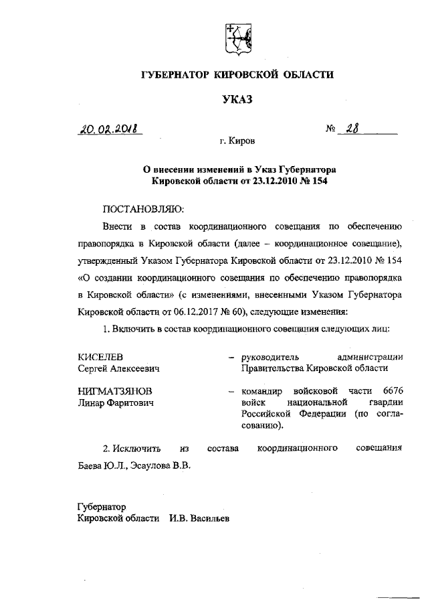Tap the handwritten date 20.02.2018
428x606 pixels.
tap(112, 129)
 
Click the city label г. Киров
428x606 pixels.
tap(237, 142)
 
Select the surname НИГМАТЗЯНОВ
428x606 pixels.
tap(115, 390)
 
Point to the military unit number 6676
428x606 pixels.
tap(393, 390)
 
